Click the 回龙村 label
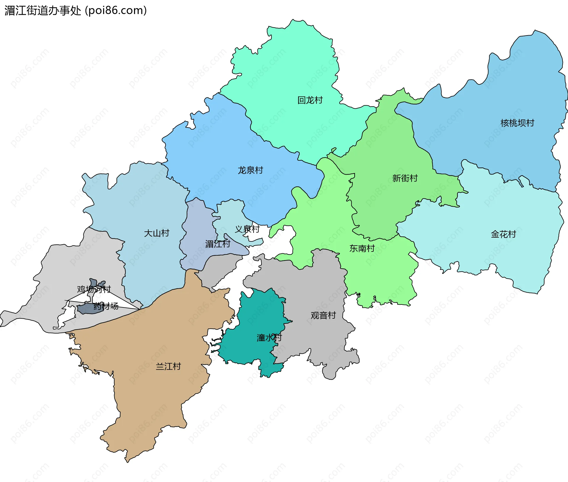pyautogui.click(x=310, y=100)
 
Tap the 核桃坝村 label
pyautogui.click(x=517, y=123)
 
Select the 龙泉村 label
pyautogui.click(x=250, y=170)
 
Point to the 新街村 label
pyautogui.click(x=405, y=178)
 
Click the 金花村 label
pyautogui.click(x=503, y=234)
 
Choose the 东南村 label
pyautogui.click(x=362, y=248)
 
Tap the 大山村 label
pyautogui.click(x=156, y=233)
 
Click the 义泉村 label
pyautogui.click(x=247, y=229)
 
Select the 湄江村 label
pyautogui.click(x=217, y=244)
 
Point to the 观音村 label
pyautogui.click(x=323, y=315)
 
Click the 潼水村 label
pyautogui.click(x=269, y=337)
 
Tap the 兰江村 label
pyautogui.click(x=168, y=366)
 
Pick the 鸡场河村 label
pyautogui.click(x=94, y=289)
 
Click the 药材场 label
pyautogui.click(x=106, y=306)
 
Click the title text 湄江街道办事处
pyautogui.click(x=43, y=11)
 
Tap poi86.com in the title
pyautogui.click(x=116, y=11)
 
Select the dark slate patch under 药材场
pyautogui.click(x=86, y=309)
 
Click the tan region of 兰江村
pyautogui.click(x=154, y=399)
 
